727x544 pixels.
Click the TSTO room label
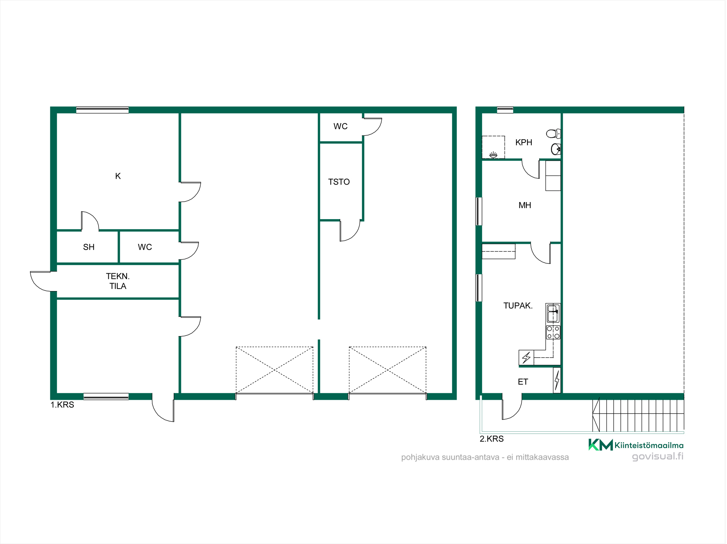click(339, 182)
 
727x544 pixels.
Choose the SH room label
click(89, 247)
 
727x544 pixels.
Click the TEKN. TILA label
click(118, 281)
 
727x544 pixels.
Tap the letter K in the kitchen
click(118, 176)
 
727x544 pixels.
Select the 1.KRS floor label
click(62, 405)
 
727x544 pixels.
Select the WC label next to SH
click(145, 247)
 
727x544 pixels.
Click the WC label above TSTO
click(341, 126)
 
